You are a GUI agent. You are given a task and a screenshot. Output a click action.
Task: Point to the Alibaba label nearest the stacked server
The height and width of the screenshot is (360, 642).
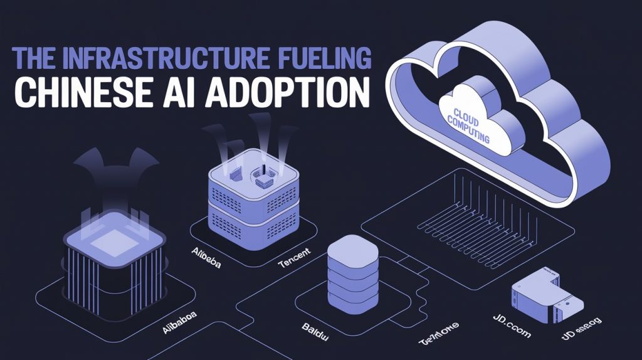[206, 252]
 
